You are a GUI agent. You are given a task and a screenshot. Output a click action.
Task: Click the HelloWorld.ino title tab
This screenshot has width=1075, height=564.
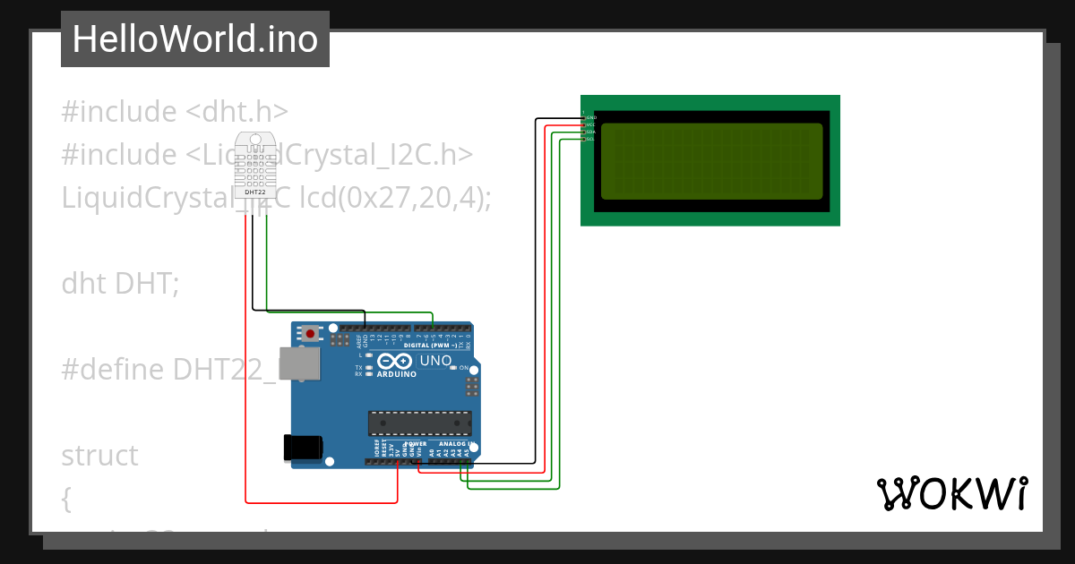coord(194,39)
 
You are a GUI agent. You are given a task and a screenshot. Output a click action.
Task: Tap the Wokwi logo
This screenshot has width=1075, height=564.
coord(951,493)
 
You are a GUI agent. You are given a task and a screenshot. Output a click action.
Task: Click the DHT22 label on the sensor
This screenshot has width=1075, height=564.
coord(254,192)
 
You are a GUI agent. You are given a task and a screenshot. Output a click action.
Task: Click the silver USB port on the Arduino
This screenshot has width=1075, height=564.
coord(298,363)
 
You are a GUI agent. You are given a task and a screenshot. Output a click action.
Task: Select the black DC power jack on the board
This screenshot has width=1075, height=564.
coord(302,448)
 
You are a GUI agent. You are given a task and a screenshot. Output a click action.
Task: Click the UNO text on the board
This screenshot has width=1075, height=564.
coord(436,361)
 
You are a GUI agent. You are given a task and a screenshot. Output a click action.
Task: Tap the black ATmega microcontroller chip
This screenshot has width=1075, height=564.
coord(420,423)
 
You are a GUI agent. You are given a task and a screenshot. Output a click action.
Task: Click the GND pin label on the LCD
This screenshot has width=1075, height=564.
coord(590,117)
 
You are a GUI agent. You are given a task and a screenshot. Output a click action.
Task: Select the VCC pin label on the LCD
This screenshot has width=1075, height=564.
coord(590,124)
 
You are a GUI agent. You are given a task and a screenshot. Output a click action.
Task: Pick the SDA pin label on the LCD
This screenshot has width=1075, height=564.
coord(590,132)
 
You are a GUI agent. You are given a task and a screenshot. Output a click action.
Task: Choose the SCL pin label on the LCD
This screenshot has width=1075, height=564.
coord(590,139)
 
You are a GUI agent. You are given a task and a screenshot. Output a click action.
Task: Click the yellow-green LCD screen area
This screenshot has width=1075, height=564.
coord(711,161)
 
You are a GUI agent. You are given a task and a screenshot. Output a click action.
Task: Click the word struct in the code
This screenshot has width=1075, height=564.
coord(99,456)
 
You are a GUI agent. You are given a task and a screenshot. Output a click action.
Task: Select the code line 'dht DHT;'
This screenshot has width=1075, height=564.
coord(120,284)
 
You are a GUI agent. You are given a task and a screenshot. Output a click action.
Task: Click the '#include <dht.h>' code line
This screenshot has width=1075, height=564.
coord(175,112)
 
